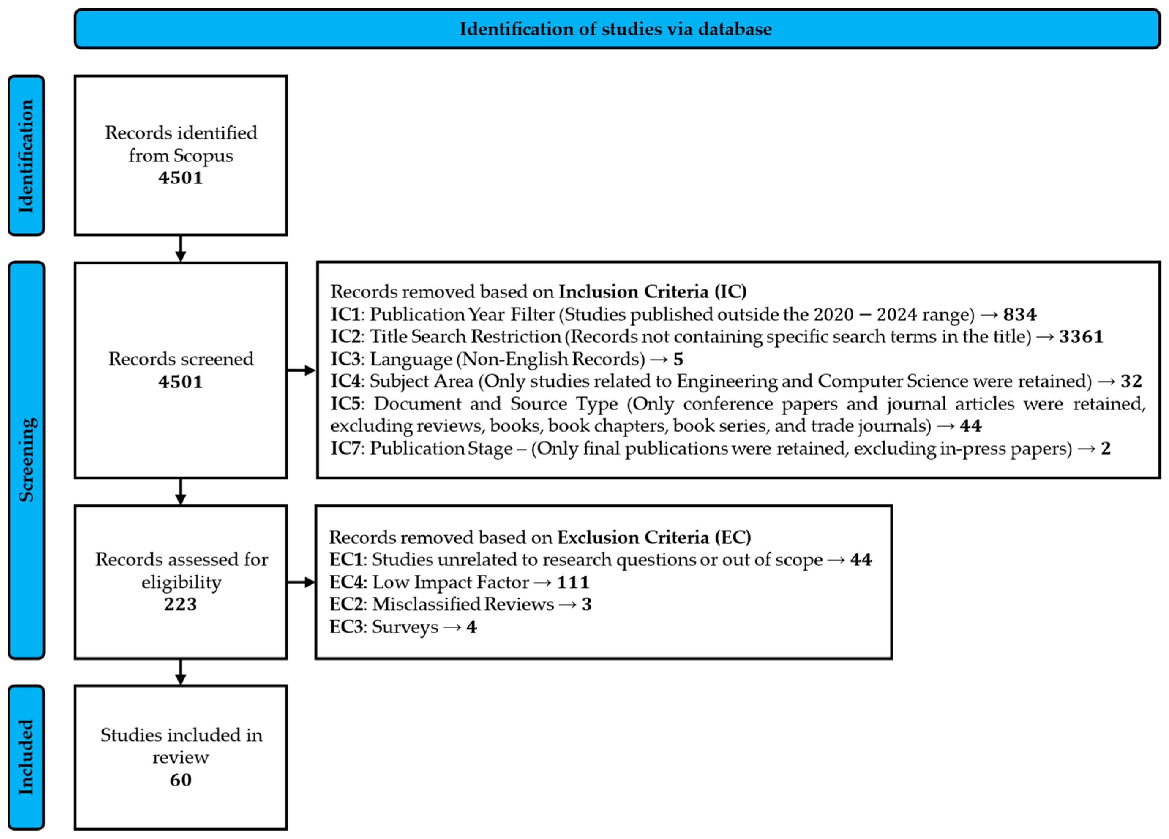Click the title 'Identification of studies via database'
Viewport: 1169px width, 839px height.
coord(615,29)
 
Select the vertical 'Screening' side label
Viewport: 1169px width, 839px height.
coord(26,460)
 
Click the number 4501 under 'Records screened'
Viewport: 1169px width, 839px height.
coord(180,382)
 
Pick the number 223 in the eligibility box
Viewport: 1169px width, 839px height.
coord(180,604)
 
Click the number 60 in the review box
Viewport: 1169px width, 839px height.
coord(180,780)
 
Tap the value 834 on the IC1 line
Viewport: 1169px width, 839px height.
coord(1019,315)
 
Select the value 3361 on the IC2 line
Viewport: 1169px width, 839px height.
coord(1081,336)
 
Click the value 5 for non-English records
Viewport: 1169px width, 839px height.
coord(678,359)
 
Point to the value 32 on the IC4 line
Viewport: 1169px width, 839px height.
coord(1131,381)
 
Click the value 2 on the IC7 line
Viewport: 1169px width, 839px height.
coord(1106,448)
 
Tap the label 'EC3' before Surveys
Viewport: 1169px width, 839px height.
coord(346,627)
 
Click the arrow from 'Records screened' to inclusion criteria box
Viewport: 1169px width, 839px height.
coord(301,370)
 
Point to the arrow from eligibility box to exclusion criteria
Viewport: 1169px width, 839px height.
coord(301,582)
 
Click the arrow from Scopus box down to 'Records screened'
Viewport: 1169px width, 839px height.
coord(180,249)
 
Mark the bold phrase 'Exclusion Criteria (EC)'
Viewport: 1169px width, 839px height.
coord(653,538)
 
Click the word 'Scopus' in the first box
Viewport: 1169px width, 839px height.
coord(203,156)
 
